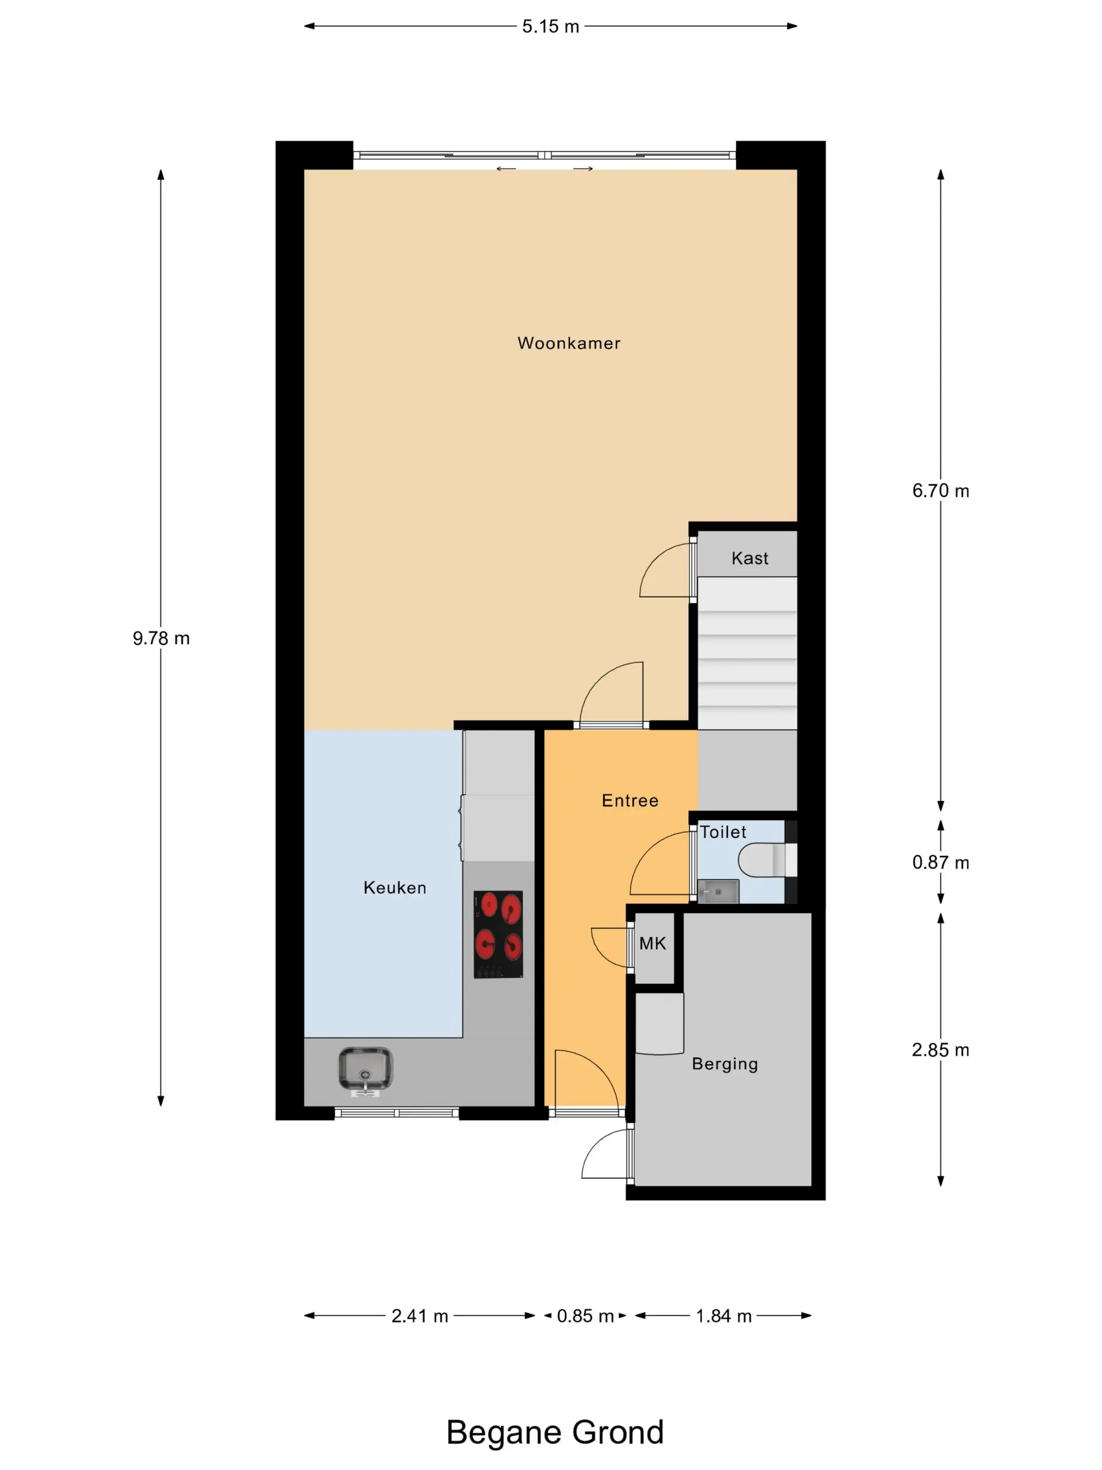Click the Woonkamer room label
(x=569, y=343)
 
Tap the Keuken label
(x=395, y=888)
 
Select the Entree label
(x=630, y=801)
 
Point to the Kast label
(x=750, y=558)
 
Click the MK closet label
(x=652, y=943)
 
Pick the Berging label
(x=725, y=1064)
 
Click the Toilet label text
(x=723, y=832)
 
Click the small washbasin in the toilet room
(x=717, y=891)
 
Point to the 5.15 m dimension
(x=550, y=27)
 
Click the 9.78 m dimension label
(x=161, y=638)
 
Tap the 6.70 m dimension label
(x=940, y=491)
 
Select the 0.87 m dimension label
(x=940, y=863)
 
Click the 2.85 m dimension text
(x=940, y=1050)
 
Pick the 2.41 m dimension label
(x=420, y=1316)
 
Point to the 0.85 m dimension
(x=585, y=1316)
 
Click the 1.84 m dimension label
(x=723, y=1316)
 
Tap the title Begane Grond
(x=555, y=1433)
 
